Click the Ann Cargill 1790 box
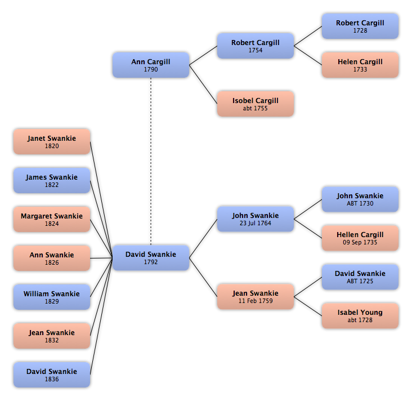click(x=151, y=65)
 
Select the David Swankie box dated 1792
click(x=151, y=258)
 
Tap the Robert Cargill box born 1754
click(x=256, y=46)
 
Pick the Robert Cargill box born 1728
click(x=360, y=26)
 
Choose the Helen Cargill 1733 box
click(x=360, y=65)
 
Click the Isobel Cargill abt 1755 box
click(x=256, y=104)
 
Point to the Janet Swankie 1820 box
click(x=52, y=142)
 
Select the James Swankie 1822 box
click(x=52, y=181)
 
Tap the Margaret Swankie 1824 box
click(x=52, y=219)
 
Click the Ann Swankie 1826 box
click(x=52, y=258)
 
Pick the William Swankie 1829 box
click(x=52, y=297)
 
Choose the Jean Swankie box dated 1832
click(x=52, y=336)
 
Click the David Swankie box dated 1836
click(x=52, y=375)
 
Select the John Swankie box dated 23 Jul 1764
click(x=256, y=219)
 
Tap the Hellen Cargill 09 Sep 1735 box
click(x=360, y=238)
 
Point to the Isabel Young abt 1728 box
click(x=360, y=316)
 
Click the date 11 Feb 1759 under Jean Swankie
click(x=256, y=301)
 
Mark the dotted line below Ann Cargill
click(x=151, y=162)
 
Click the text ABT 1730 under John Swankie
click(x=360, y=203)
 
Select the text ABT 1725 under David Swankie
click(x=360, y=281)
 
